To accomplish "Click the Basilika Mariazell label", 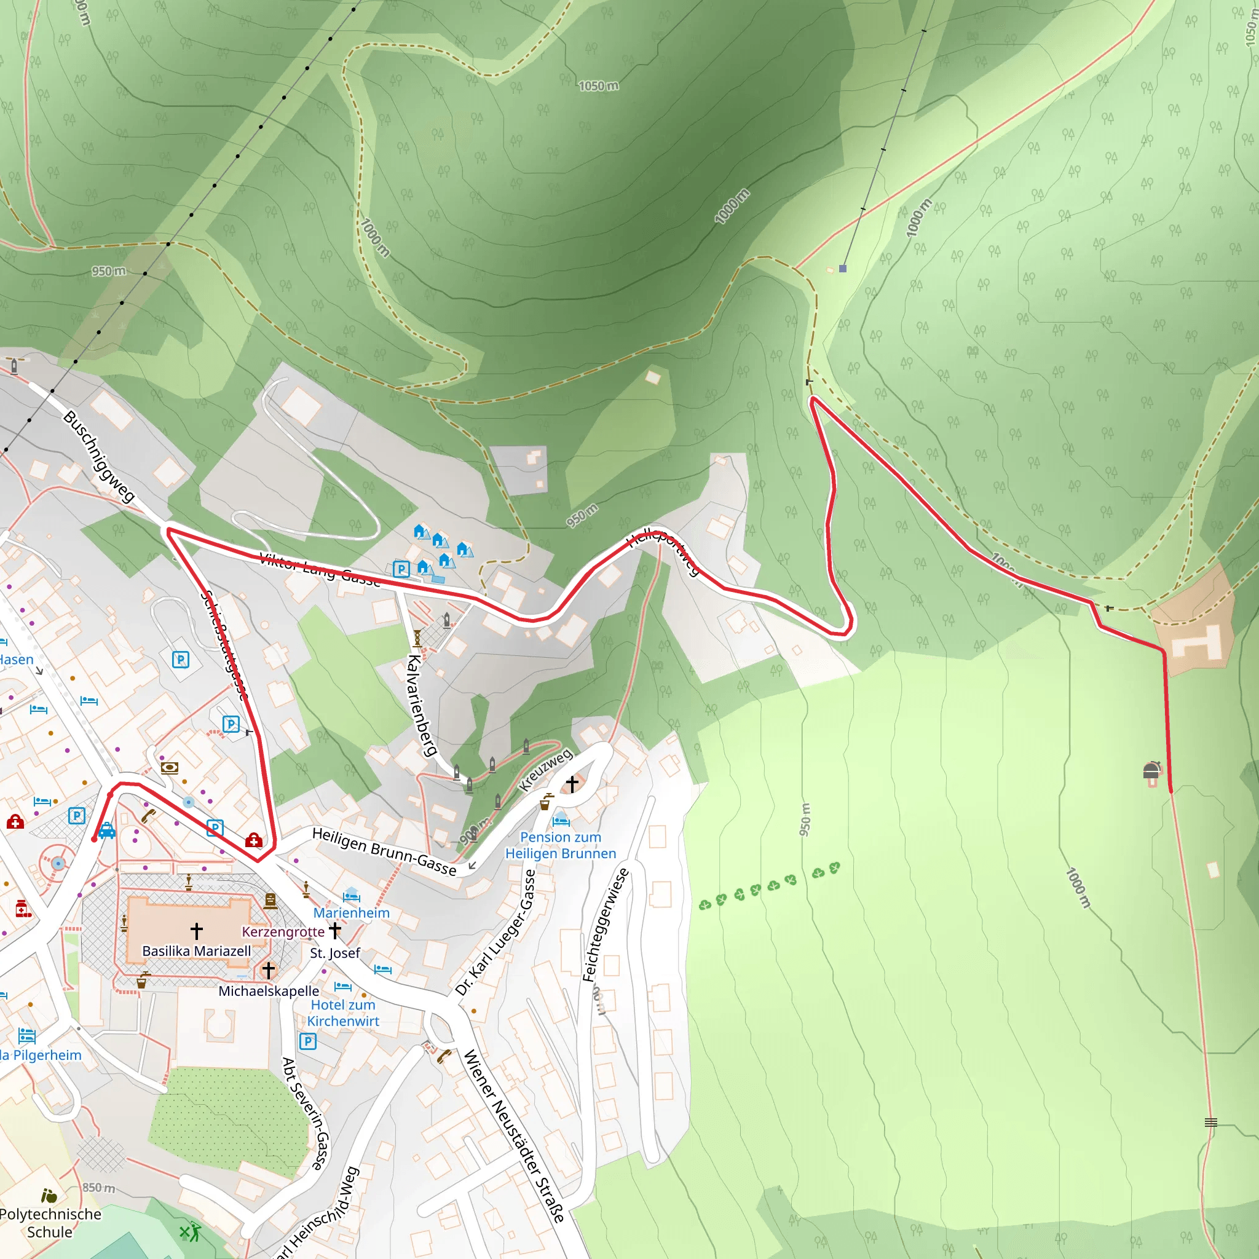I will click(x=196, y=951).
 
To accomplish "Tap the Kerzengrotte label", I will click(x=283, y=931).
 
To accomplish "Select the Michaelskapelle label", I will click(x=269, y=990).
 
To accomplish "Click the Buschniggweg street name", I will click(x=99, y=456).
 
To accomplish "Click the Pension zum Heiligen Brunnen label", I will click(x=561, y=845).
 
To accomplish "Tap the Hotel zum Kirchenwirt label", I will click(x=343, y=1012).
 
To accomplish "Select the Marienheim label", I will click(x=351, y=912).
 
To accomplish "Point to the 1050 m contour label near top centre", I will click(x=598, y=86).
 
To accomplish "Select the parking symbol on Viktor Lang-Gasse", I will click(x=401, y=569).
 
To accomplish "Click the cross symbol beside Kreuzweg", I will click(x=572, y=783).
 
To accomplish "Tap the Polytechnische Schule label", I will click(x=50, y=1223).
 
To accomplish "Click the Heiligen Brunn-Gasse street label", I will click(x=384, y=851).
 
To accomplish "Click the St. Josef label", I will click(x=335, y=953).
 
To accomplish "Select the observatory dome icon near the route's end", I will click(x=1151, y=771).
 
